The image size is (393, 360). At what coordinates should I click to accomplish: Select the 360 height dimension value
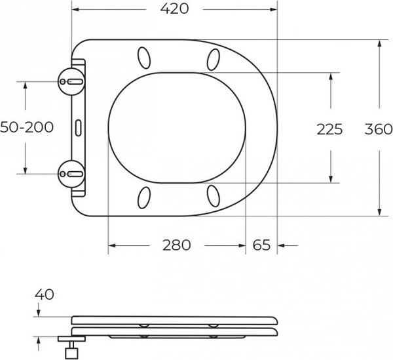(378, 129)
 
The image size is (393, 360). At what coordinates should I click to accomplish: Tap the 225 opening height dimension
(329, 129)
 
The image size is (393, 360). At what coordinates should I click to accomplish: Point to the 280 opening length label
(176, 245)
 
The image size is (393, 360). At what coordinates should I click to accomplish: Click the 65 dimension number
(261, 245)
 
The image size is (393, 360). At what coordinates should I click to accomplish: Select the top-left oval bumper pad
(144, 58)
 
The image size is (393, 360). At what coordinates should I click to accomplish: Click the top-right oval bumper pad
(214, 60)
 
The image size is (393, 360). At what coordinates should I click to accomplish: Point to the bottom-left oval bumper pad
(144, 196)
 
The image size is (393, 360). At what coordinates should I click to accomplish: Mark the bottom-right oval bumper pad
(214, 195)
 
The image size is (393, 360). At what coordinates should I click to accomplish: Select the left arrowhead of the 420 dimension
(75, 10)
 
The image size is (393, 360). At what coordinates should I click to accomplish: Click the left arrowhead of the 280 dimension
(112, 246)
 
